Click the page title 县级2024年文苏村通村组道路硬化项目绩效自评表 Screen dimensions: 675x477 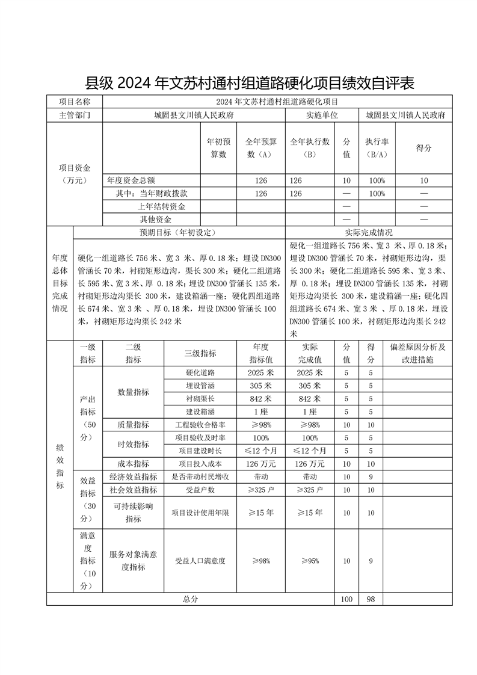pyautogui.click(x=250, y=83)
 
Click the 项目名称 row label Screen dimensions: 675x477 pyautogui.click(x=75, y=102)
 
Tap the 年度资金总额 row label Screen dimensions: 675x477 pyautogui.click(x=131, y=180)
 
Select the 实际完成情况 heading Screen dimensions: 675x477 pyautogui.click(x=369, y=233)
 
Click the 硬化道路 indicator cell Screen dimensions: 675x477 pyautogui.click(x=200, y=373)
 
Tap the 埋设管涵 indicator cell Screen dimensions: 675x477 pyautogui.click(x=200, y=386)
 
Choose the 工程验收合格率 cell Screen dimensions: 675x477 pyautogui.click(x=200, y=425)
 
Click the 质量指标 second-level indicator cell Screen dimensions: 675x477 pyautogui.click(x=133, y=425)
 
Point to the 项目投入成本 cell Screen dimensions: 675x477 pyautogui.click(x=200, y=464)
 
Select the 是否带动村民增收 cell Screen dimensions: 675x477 pyautogui.click(x=200, y=477)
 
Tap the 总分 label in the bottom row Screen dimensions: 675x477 pyautogui.click(x=190, y=599)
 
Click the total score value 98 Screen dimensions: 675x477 pyautogui.click(x=371, y=599)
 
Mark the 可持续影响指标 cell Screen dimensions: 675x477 pyautogui.click(x=133, y=513)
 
